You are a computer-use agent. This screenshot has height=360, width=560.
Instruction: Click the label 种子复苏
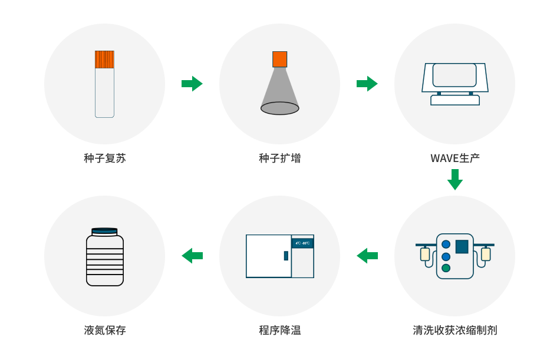(105, 158)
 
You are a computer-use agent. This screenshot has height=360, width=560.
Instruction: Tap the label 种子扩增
(279, 158)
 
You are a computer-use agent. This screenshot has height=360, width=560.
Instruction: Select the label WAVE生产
(454, 158)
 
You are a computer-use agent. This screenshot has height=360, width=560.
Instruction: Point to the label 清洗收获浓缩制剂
(454, 330)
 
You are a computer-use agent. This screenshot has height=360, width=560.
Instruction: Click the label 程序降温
(279, 330)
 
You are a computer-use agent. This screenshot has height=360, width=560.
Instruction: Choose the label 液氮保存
(105, 330)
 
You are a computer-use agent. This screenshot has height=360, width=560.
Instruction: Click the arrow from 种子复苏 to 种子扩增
(192, 84)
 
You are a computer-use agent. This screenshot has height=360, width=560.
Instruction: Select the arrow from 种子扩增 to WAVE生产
(367, 84)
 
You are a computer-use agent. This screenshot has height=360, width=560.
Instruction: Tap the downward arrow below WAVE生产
(454, 179)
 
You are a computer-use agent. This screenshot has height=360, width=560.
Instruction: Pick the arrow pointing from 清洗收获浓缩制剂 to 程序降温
(367, 256)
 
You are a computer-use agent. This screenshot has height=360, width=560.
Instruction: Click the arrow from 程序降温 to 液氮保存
(192, 256)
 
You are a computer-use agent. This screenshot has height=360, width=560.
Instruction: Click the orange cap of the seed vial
(104, 59)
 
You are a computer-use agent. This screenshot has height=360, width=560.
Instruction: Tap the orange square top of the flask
(279, 59)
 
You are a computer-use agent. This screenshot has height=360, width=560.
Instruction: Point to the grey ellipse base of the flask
(279, 108)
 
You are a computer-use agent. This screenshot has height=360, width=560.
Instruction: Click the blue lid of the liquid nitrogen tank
(104, 232)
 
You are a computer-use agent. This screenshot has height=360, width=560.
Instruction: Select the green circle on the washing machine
(446, 268)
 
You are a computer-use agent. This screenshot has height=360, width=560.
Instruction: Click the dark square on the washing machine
(462, 246)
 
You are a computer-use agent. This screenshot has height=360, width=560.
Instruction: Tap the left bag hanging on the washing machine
(425, 254)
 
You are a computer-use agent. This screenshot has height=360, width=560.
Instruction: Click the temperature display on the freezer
(302, 243)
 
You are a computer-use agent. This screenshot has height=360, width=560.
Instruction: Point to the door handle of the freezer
(286, 256)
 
